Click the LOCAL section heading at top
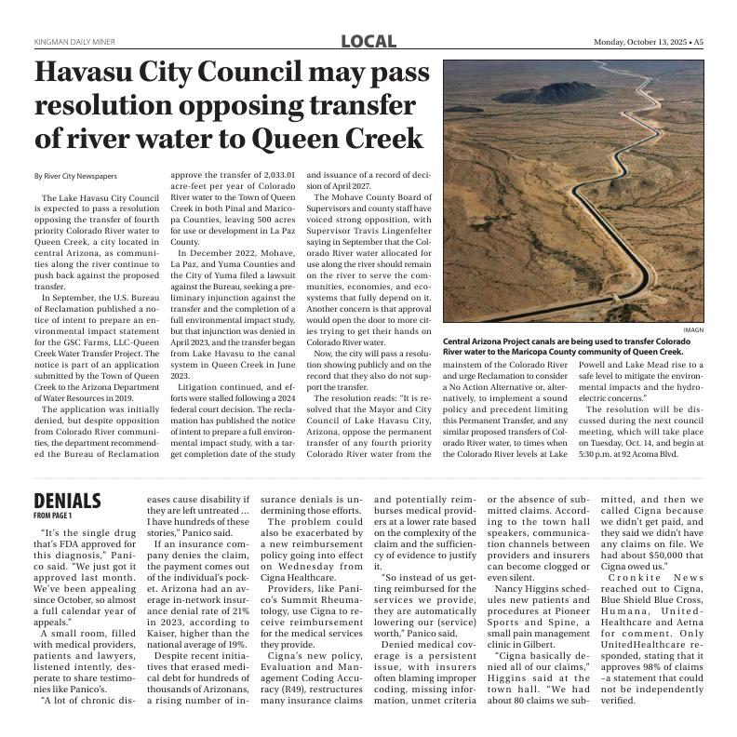click(x=368, y=41)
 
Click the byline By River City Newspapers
click(x=75, y=176)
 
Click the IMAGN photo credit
click(x=693, y=330)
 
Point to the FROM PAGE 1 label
click(x=52, y=515)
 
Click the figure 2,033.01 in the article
click(x=273, y=175)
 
